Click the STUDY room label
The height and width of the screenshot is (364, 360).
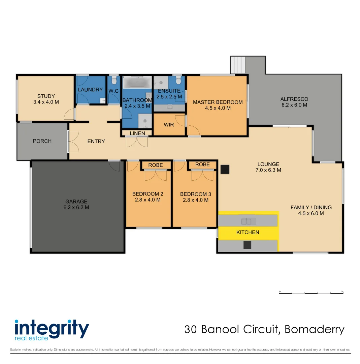46,96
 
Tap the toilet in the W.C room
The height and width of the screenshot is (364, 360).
114,80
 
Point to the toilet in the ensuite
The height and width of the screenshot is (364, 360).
178,80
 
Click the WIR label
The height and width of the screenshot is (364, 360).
169,125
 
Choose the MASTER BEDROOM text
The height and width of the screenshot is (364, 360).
218,102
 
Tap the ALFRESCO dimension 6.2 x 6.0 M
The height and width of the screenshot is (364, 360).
294,105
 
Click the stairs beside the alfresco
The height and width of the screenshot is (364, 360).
238,64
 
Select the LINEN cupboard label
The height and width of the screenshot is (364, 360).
137,133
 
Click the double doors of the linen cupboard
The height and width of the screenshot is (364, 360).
137,142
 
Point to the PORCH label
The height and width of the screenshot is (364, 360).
42,141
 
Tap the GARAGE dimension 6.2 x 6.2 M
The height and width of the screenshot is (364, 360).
76,208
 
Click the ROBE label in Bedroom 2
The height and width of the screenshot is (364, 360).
155,165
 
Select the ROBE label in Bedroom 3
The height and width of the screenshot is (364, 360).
202,164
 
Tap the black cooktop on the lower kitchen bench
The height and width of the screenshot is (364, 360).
248,245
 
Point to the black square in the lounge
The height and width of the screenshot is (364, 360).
225,169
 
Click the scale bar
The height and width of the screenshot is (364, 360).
311,292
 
